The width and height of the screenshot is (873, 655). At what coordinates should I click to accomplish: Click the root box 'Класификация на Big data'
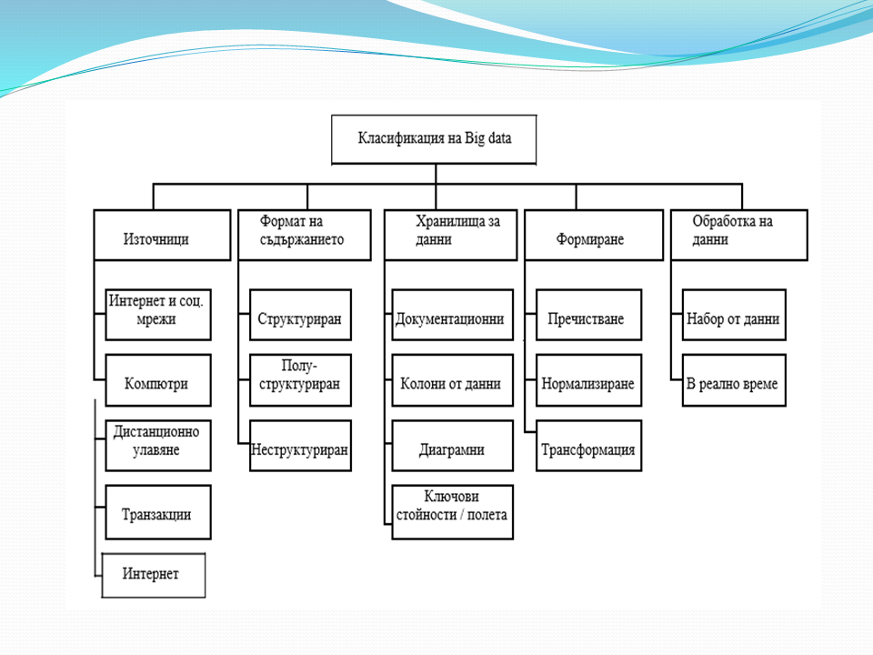pos(434,139)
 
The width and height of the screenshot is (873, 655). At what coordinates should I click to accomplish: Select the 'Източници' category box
pos(162,236)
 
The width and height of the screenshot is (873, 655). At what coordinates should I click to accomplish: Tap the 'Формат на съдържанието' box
pos(304,236)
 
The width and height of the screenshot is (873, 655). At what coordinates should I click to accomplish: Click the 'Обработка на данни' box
pos(738,236)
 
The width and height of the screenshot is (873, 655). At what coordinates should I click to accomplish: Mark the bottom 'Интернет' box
pos(154,574)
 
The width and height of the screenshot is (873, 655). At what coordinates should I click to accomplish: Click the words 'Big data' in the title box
pos(489,139)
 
